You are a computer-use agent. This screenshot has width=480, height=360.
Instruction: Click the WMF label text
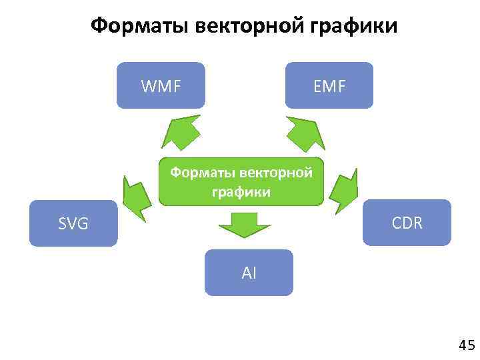pos(161,85)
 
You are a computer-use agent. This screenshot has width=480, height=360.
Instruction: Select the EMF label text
pos(329,85)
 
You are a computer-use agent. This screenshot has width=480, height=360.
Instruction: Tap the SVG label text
pos(73,223)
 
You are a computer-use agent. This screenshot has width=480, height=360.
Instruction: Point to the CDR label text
pos(407,223)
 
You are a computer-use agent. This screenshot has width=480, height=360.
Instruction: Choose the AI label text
pos(249,272)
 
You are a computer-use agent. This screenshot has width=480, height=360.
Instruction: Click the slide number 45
pos(466,345)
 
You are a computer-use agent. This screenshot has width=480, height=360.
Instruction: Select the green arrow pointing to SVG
pos(137,195)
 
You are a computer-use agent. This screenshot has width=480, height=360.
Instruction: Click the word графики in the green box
pos(241,192)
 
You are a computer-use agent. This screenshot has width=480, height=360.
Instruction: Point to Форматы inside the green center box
pos(199,173)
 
